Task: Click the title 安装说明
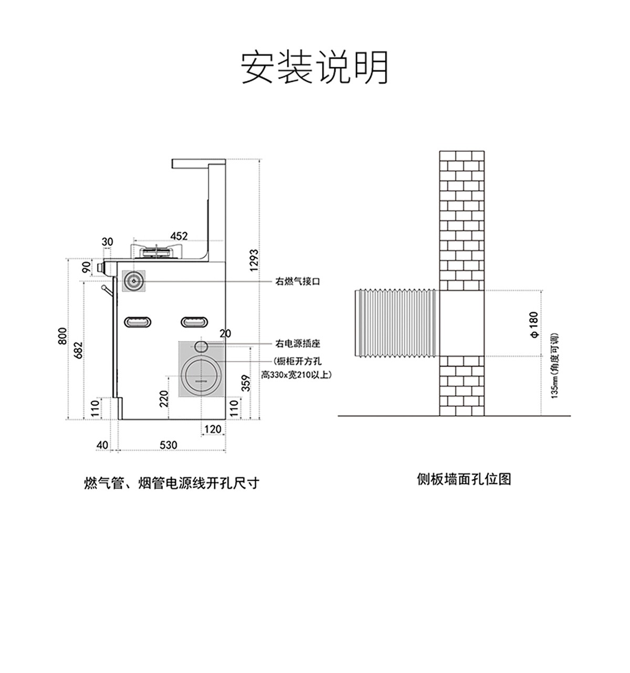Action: (x=314, y=68)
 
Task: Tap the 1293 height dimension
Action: (x=254, y=260)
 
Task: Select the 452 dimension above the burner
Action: (x=179, y=236)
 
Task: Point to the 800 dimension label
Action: (x=62, y=336)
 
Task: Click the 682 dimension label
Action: (x=78, y=350)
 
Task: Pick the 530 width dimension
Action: (x=168, y=445)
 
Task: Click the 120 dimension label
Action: (x=212, y=429)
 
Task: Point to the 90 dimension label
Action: (x=86, y=267)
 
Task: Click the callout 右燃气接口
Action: (x=298, y=281)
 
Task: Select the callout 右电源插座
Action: (x=298, y=344)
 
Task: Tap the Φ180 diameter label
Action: (x=534, y=324)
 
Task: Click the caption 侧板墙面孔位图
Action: (x=464, y=479)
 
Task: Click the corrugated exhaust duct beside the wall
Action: (x=396, y=323)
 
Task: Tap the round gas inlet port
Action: (x=134, y=281)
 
